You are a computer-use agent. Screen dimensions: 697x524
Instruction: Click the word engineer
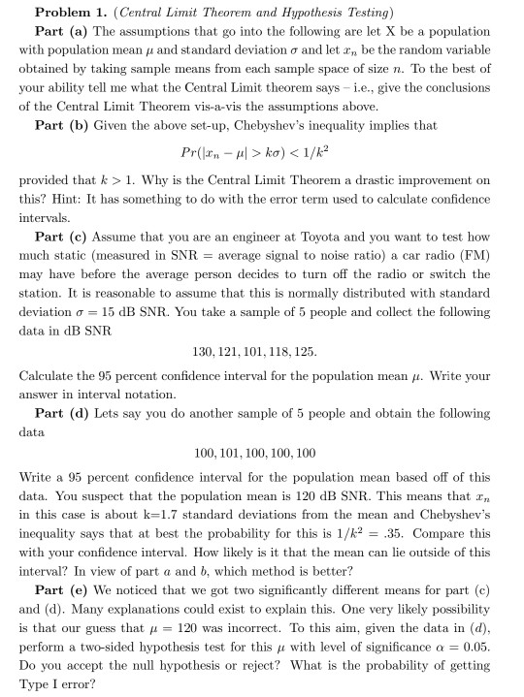tap(230, 237)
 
